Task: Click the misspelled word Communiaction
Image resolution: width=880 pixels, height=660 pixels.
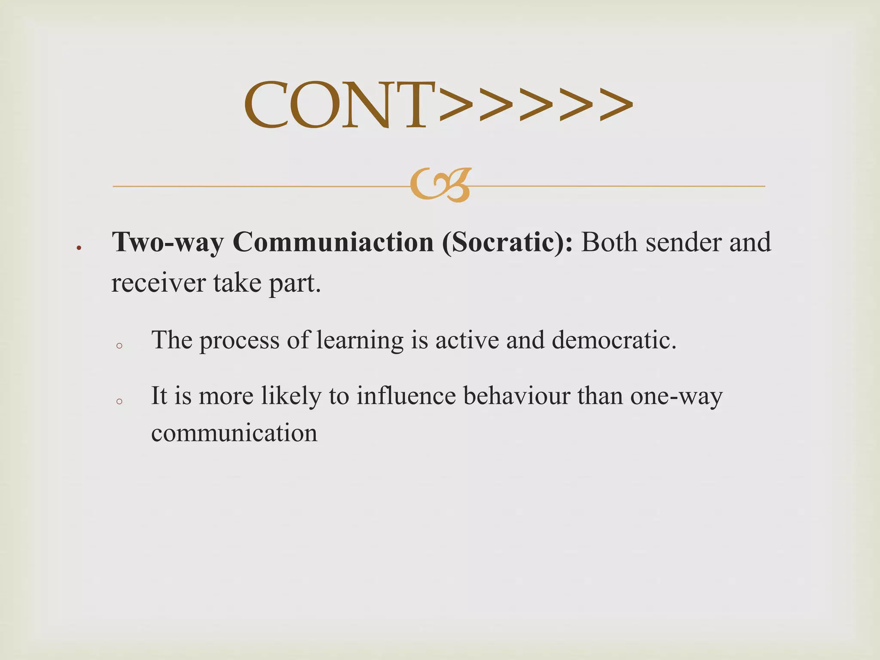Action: point(333,242)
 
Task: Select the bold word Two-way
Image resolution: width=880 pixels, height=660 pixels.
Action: point(168,242)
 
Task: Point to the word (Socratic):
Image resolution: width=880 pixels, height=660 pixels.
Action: point(507,242)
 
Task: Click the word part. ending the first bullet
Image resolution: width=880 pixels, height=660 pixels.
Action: point(295,284)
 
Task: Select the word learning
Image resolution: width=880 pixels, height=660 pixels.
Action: point(360,340)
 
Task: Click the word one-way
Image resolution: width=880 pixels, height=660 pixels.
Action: point(676,396)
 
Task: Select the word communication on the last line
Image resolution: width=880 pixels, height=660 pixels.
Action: point(234,433)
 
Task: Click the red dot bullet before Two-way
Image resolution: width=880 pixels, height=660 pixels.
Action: point(79,248)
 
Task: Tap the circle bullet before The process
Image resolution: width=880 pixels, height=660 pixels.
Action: point(120,345)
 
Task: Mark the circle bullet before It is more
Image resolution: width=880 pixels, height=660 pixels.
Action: point(120,401)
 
